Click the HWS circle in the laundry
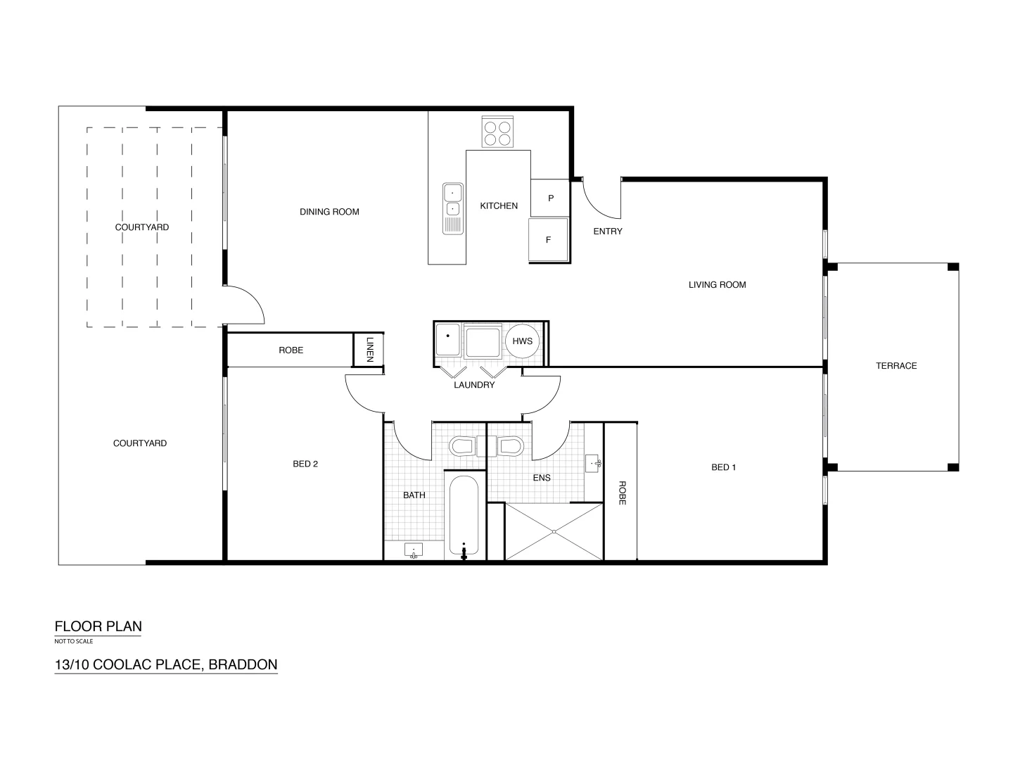point(522,341)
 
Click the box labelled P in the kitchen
point(550,198)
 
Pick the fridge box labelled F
point(549,239)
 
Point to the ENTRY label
point(607,232)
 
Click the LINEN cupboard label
point(369,349)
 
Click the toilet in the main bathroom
point(462,446)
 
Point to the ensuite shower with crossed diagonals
point(554,531)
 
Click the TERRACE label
point(896,366)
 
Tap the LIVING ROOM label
point(717,285)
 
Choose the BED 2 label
point(305,464)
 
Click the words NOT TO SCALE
point(74,641)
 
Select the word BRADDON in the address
point(243,664)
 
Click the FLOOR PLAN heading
point(98,626)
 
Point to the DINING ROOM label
point(329,212)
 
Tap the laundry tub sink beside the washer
point(447,340)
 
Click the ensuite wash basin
point(593,463)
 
